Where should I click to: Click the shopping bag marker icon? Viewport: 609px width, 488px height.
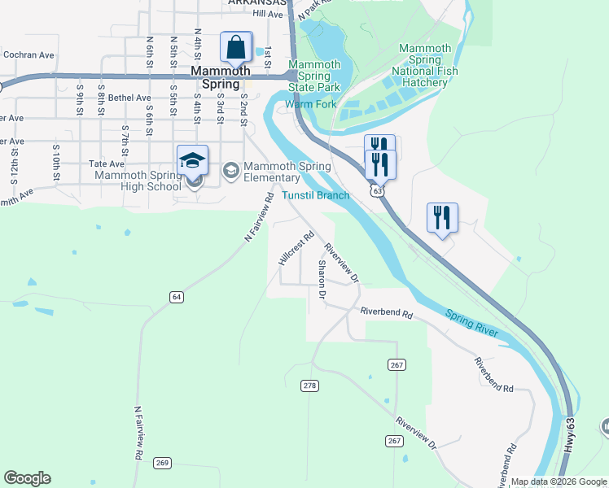pos(236,48)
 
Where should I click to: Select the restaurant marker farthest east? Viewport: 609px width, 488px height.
pos(442,218)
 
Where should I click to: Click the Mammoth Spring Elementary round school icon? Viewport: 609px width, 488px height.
pos(230,169)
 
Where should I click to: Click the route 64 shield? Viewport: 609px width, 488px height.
pos(176,297)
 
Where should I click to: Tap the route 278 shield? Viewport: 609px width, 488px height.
pos(309,385)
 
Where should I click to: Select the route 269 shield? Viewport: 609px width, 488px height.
pos(162,463)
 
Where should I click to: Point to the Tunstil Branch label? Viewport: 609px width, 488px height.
pos(316,195)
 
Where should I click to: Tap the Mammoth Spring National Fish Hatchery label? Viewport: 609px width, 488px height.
pos(424,65)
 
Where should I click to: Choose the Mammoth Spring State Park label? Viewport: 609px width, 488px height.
pos(314,76)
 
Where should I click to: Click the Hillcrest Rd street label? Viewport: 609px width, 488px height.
pos(296,249)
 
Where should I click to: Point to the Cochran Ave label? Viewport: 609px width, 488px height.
pos(28,55)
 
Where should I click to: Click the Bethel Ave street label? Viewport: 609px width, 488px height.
pos(130,98)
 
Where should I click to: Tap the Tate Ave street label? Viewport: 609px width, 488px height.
pos(107,163)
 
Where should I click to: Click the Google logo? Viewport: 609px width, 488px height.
pos(27,478)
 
